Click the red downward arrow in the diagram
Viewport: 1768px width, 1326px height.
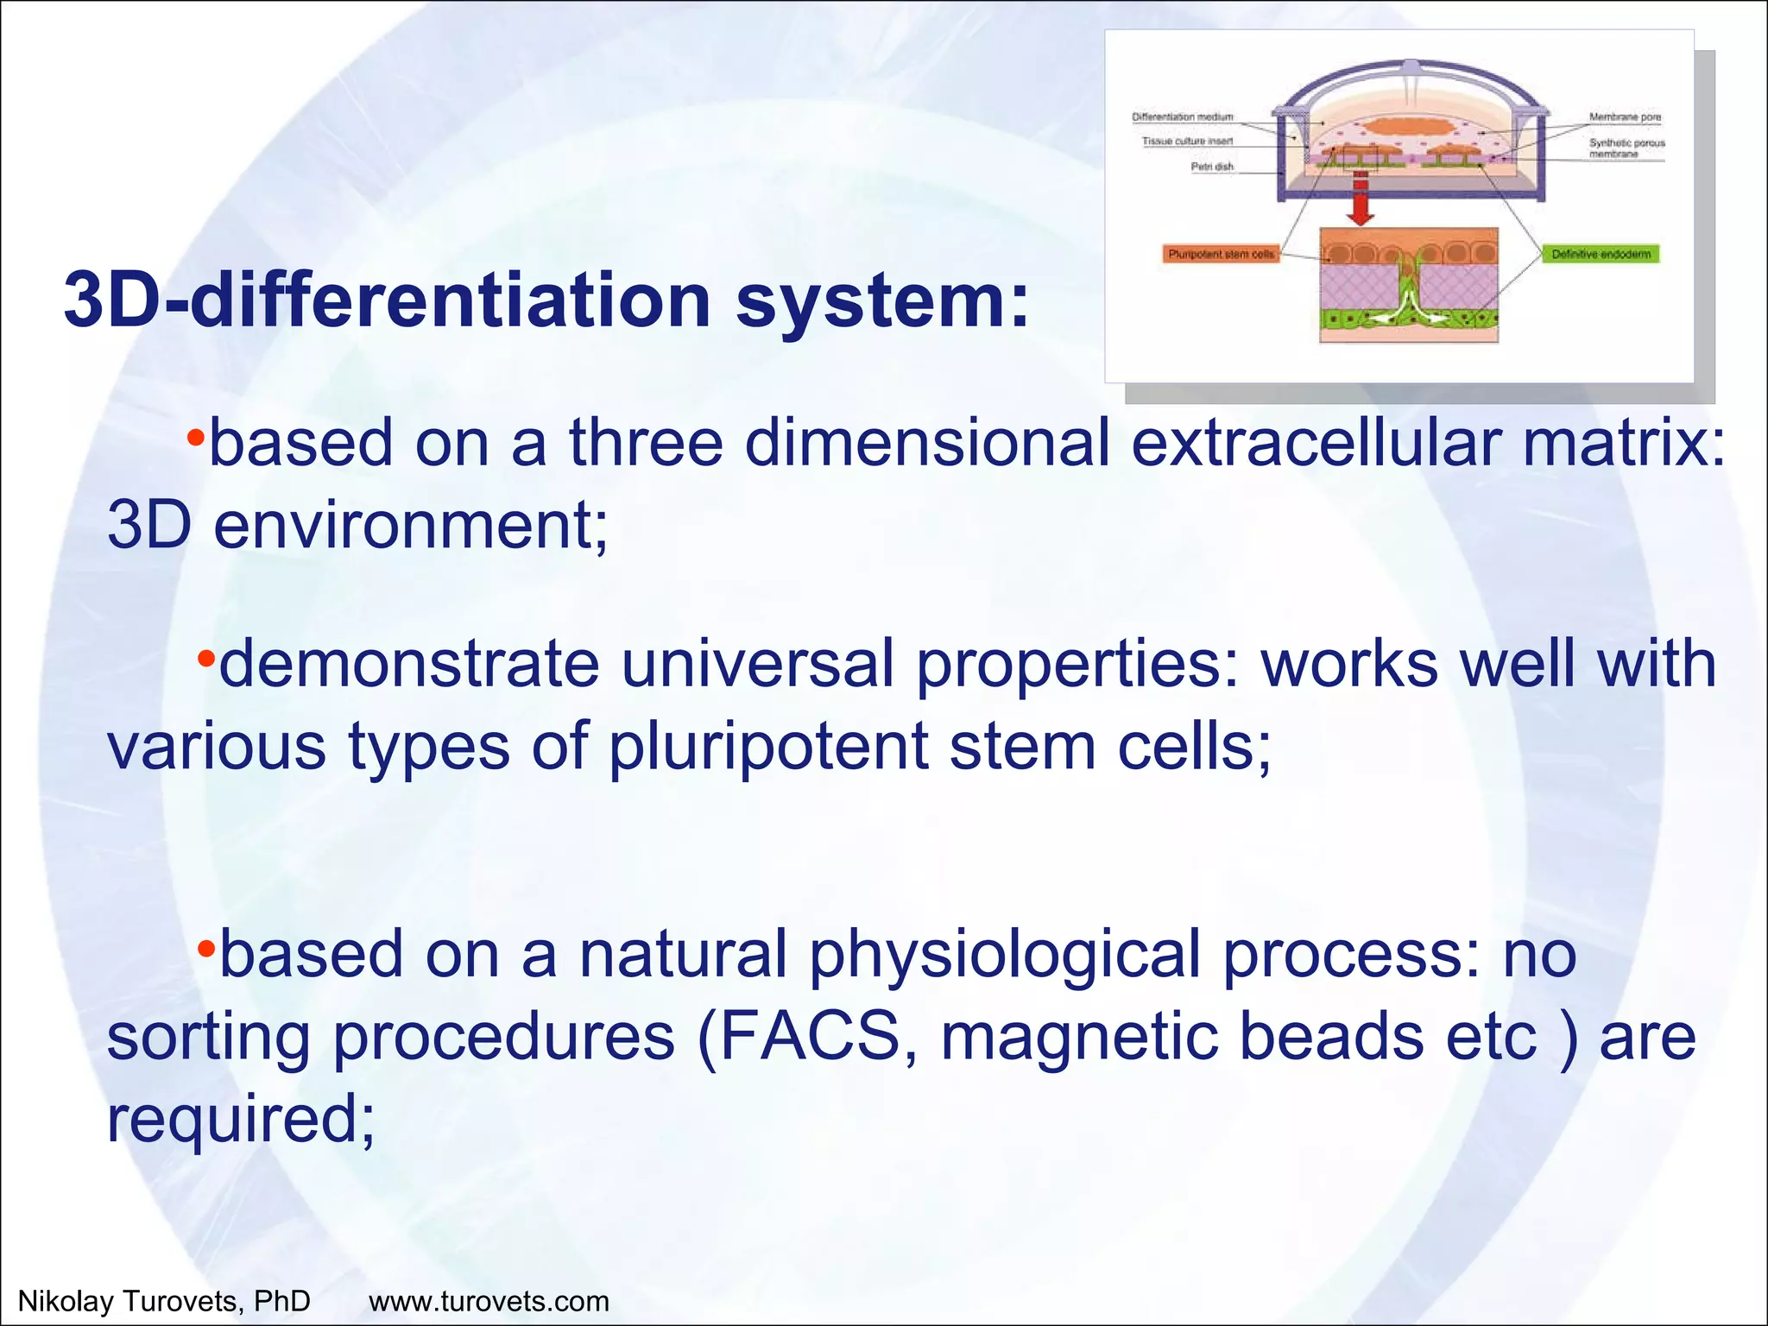(x=1360, y=200)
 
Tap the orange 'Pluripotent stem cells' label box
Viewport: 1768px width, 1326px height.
(x=1221, y=254)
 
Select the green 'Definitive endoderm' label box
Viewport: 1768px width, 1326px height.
(x=1601, y=254)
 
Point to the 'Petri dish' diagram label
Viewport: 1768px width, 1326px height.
(x=1212, y=167)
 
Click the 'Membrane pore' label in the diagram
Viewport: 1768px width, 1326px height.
(x=1625, y=117)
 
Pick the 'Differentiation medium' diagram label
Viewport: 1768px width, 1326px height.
(x=1182, y=117)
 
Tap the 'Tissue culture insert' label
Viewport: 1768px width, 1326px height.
(x=1187, y=141)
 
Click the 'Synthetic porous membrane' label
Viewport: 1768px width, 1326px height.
(x=1626, y=148)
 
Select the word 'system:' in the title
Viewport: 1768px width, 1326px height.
(x=882, y=300)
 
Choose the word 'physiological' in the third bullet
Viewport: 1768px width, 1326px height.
(x=1004, y=954)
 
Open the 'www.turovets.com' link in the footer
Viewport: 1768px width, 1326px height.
(x=489, y=1301)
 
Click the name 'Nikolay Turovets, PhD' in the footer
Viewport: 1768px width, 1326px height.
(x=164, y=1301)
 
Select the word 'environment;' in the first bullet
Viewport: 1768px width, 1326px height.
(x=411, y=525)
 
